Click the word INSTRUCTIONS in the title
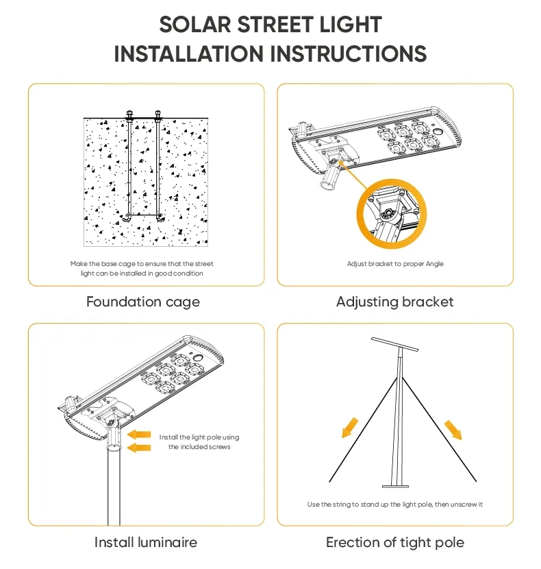coord(346,53)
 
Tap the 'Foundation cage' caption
coord(143,302)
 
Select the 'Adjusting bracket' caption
coord(394,302)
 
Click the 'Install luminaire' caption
coord(145,542)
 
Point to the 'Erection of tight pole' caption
coord(394,542)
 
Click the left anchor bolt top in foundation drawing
coord(129,112)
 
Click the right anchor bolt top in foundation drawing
coord(158,112)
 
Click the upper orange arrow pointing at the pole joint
coord(139,433)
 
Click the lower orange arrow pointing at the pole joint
coord(139,448)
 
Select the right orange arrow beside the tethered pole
coord(452,429)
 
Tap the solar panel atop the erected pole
coord(397,346)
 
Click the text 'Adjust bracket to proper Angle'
coord(395,264)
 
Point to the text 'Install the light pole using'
coord(199,437)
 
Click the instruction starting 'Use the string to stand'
coord(395,505)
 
